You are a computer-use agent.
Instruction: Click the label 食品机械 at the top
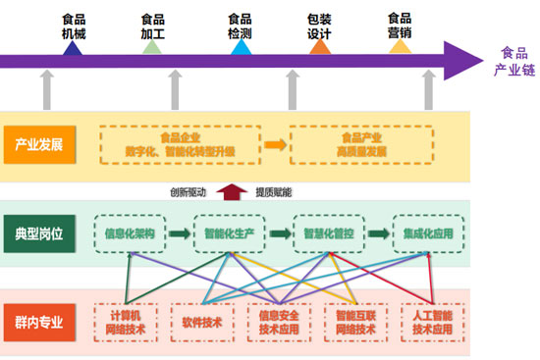(x=72, y=26)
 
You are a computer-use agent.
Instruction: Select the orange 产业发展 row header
(x=38, y=144)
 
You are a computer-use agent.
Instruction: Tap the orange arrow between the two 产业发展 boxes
(x=276, y=145)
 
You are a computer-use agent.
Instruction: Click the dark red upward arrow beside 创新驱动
(x=232, y=191)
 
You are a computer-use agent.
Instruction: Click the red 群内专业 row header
(x=38, y=322)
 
